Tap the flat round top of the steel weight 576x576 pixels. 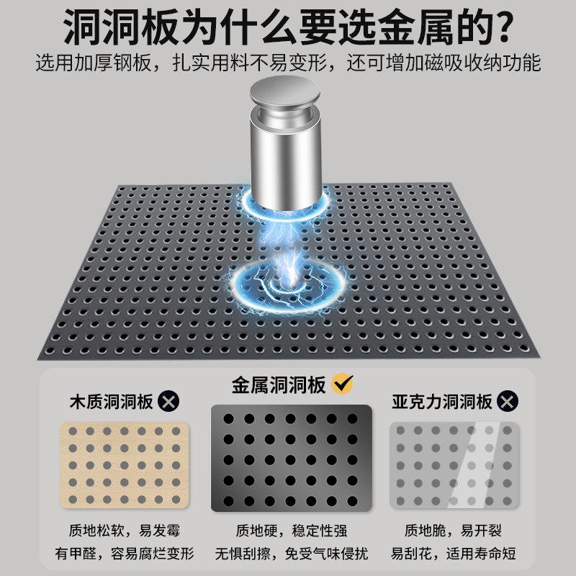point(284,91)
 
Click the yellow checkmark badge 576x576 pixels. point(343,384)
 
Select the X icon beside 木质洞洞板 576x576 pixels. point(168,401)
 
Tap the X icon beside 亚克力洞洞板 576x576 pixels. point(508,401)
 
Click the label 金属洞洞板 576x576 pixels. point(279,385)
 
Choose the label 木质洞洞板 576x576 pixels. point(112,402)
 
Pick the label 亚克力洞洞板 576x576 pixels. point(442,402)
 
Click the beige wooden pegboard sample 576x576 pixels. point(125,465)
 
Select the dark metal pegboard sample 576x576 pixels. point(292,458)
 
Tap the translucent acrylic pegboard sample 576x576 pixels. point(454,465)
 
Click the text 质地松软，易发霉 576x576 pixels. point(124,531)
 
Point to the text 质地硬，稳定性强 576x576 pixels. point(292,531)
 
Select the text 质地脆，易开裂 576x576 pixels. point(453,531)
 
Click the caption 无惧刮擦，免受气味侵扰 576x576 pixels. point(292,553)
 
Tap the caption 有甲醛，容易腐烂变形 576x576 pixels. point(125,553)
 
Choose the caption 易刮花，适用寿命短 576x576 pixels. point(453,553)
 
